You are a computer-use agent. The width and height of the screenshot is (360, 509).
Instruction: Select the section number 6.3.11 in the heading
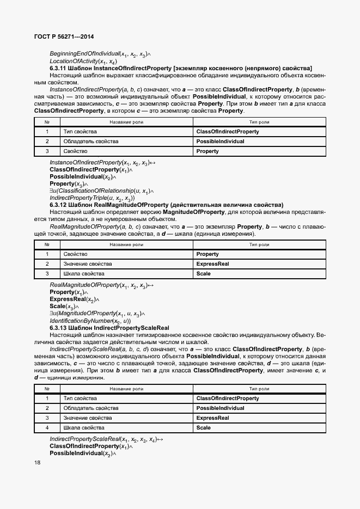pyautogui.click(x=59, y=68)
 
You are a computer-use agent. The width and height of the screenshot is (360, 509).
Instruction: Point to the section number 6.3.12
pyautogui.click(x=59, y=205)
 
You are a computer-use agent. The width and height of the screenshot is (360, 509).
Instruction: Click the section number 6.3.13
pyautogui.click(x=59, y=328)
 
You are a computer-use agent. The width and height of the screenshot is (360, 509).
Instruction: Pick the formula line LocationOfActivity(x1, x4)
pyautogui.click(x=83, y=62)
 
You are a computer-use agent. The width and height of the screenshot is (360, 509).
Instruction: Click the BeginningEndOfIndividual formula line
pyautogui.click(x=100, y=54)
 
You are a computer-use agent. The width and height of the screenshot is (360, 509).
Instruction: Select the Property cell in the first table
pyautogui.click(x=208, y=151)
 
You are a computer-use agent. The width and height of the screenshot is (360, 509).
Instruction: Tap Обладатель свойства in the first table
pyautogui.click(x=90, y=142)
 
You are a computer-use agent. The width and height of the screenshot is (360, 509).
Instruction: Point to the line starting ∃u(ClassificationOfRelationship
pyautogui.click(x=101, y=191)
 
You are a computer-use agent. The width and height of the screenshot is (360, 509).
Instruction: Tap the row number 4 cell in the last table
pyautogui.click(x=47, y=428)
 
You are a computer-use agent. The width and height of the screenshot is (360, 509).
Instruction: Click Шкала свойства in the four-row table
pyautogui.click(x=84, y=428)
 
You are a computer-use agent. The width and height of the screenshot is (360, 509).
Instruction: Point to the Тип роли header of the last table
pyautogui.click(x=259, y=389)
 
